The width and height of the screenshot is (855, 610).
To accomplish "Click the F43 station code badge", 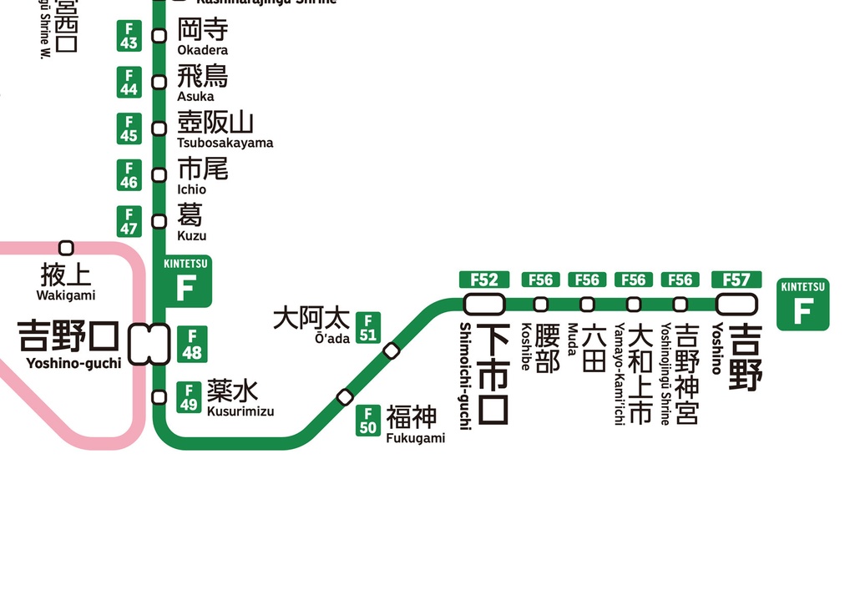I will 129,35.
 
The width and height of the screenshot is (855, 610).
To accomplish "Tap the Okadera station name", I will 202,38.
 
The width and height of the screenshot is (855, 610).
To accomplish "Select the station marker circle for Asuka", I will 159,82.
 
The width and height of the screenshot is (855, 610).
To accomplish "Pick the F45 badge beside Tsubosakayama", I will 129,129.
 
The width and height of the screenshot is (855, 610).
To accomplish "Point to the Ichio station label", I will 202,176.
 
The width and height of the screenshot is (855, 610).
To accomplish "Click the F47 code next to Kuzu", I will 129,221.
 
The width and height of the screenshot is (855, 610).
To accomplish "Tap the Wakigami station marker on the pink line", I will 67,248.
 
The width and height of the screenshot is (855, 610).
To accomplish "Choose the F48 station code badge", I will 191,344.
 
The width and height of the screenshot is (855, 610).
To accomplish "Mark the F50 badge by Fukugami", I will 368,421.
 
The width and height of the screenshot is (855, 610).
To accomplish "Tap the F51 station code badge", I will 368,328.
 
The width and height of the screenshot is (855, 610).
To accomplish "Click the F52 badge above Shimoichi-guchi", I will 484,280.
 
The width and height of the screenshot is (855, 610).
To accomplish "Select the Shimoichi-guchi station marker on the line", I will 484,304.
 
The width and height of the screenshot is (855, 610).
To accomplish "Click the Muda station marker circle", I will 588,304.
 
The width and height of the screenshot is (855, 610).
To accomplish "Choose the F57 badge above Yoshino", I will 736,280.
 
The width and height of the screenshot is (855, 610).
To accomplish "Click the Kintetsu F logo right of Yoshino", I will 802,304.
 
